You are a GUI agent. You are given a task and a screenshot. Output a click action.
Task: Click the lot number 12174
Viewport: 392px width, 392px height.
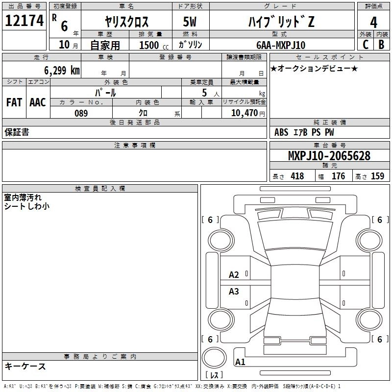[x=24, y=21]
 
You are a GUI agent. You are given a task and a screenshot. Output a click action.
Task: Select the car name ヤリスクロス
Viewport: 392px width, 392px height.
[x=127, y=22]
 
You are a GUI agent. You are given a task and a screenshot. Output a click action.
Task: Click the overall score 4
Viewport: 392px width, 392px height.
[x=373, y=22]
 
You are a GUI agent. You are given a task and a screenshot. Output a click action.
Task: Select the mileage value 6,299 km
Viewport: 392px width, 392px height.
[x=55, y=70]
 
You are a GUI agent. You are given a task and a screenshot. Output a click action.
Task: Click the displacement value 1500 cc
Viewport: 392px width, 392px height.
[x=152, y=45]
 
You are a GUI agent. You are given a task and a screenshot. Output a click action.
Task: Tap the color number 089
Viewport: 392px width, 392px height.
[x=81, y=113]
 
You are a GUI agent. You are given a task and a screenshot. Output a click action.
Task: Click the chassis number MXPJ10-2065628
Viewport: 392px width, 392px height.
[x=329, y=156]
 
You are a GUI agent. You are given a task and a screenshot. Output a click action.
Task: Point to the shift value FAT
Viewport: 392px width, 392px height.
[x=14, y=102]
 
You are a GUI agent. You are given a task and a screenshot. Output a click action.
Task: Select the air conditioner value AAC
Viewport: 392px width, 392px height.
[x=38, y=102]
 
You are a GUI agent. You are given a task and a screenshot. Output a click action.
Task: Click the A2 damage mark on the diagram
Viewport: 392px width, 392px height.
[x=234, y=275]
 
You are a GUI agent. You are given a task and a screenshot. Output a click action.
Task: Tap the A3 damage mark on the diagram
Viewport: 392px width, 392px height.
[x=234, y=292]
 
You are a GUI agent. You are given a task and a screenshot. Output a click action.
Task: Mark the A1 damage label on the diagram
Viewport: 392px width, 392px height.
[x=240, y=362]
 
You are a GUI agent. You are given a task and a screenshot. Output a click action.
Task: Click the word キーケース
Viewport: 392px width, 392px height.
[x=25, y=366]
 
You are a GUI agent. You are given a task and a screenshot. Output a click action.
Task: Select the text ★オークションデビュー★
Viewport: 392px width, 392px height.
[x=314, y=68]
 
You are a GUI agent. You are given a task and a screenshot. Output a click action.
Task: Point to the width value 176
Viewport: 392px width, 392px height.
[x=338, y=176]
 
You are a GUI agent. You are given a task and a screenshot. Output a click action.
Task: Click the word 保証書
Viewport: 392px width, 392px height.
[x=17, y=132]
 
